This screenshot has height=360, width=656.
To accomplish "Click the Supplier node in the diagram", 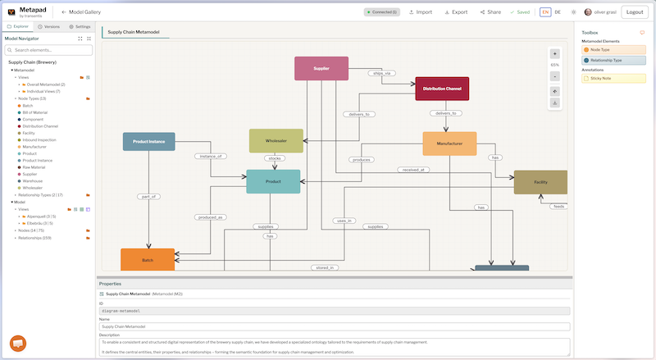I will click(x=321, y=68).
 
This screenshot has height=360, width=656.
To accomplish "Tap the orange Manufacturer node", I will click(x=449, y=144).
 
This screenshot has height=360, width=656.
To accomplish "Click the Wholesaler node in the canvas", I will click(x=276, y=140).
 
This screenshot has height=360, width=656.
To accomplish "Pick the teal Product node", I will click(x=273, y=181).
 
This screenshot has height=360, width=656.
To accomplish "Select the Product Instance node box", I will click(x=148, y=141).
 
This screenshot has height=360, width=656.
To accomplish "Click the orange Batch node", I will click(x=148, y=259).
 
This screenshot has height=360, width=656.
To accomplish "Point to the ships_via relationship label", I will click(x=382, y=73).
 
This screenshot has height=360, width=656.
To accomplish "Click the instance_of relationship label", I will click(x=210, y=156).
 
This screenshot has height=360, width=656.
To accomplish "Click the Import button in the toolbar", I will click(x=420, y=12).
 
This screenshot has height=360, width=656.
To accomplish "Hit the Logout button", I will click(x=634, y=12).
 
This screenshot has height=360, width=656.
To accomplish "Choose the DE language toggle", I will click(x=558, y=12).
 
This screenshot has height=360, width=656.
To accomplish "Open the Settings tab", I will click(x=80, y=27).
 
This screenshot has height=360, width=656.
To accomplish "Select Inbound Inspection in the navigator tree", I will click(x=39, y=139).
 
